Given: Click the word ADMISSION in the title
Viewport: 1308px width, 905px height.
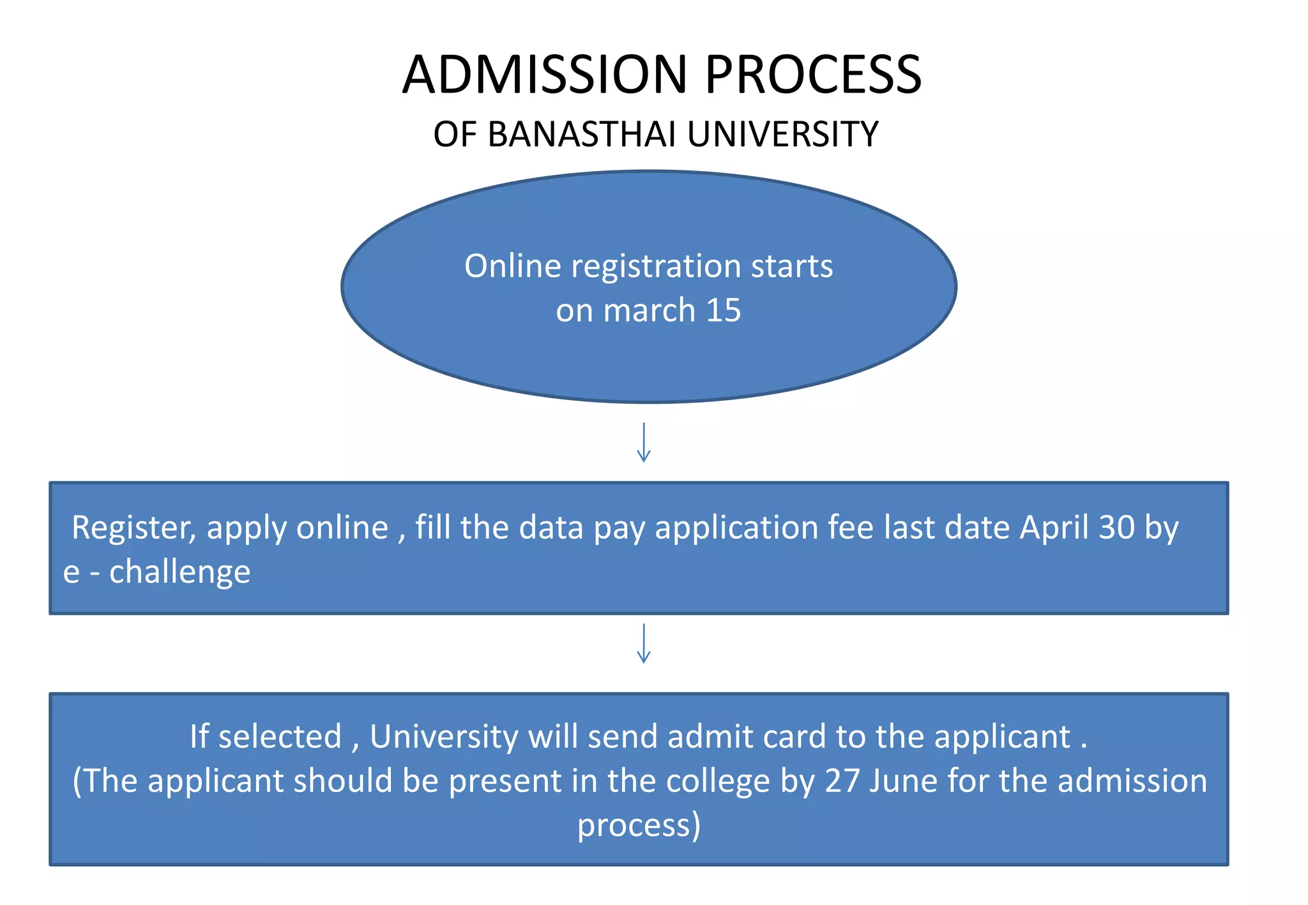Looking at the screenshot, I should [x=544, y=75].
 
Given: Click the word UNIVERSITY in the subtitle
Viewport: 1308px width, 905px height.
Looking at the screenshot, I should [x=782, y=135].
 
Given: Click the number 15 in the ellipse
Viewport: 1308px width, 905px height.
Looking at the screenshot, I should [x=724, y=310].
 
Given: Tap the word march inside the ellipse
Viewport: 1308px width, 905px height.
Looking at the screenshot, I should [x=649, y=310].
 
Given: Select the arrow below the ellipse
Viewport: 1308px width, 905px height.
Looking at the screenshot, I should [x=644, y=442].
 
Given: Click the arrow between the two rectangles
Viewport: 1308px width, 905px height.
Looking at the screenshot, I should [x=644, y=643].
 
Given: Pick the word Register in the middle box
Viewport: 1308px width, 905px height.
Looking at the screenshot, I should [x=133, y=528].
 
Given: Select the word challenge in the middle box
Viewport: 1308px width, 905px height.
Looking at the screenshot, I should [x=179, y=572].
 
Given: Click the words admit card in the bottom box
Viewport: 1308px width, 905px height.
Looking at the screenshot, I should [x=747, y=737].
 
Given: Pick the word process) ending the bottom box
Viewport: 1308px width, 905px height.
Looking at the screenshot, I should [x=639, y=825].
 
